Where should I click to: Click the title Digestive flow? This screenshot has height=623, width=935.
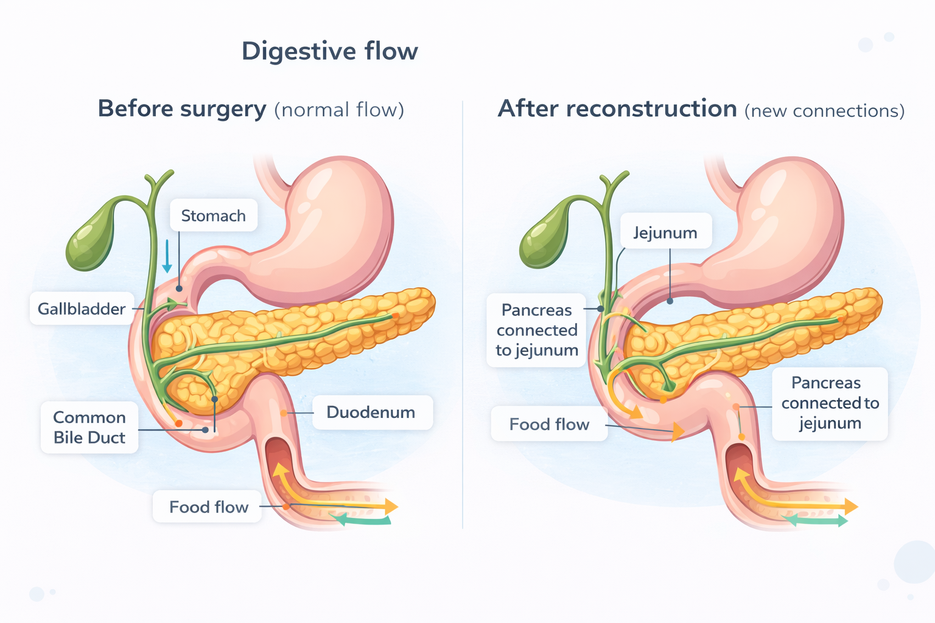(x=329, y=51)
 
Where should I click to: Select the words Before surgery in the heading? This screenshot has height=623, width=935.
(x=182, y=109)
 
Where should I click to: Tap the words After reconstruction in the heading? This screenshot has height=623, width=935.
(x=617, y=109)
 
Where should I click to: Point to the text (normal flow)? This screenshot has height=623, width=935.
(x=339, y=110)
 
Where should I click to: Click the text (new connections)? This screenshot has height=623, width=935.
(x=824, y=111)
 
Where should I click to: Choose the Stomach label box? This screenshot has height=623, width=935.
(x=213, y=216)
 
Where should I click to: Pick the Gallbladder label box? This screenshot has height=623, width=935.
(x=82, y=309)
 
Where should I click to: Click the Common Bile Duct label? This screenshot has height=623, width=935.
(x=89, y=427)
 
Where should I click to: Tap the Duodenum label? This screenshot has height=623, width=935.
(x=371, y=412)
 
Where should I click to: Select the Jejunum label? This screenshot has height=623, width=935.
(x=665, y=232)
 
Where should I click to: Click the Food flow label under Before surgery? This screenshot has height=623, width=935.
(x=208, y=507)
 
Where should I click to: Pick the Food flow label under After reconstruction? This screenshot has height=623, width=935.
(x=549, y=424)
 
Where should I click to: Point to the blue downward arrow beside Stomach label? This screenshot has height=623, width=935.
(x=167, y=256)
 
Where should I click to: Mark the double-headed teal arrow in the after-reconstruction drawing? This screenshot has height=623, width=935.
(x=814, y=520)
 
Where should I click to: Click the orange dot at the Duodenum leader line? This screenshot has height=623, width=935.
(x=284, y=413)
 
